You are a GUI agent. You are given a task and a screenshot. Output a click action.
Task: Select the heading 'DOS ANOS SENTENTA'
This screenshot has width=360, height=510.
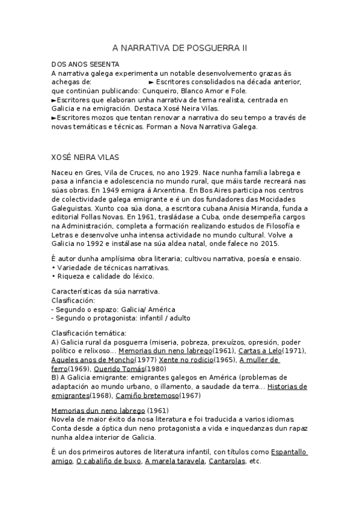[x=85, y=64]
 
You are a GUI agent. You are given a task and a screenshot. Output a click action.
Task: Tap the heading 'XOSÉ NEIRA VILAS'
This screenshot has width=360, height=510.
[x=85, y=158]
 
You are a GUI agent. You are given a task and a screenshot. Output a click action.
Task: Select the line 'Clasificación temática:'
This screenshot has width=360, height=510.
[x=88, y=333]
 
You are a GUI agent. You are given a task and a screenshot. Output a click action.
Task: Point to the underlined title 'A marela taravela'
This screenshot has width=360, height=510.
[x=175, y=461]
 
